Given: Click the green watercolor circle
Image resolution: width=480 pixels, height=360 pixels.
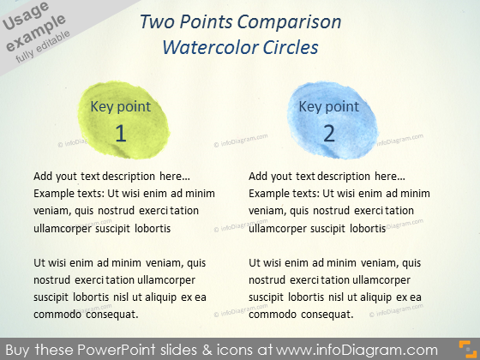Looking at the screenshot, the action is coord(123,120).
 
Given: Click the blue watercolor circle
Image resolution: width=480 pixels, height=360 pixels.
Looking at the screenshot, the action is coord(333,120).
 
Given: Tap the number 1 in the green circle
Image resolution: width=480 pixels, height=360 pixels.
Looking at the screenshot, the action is coord(121,134).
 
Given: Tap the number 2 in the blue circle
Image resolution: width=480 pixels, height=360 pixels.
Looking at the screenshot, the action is coord(329,134).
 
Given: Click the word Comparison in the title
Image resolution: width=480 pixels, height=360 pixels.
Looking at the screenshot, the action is coord(289,22).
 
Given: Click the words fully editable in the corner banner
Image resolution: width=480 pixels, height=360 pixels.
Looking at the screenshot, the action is coord(43,46).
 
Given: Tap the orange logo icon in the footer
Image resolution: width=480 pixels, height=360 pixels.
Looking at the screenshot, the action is coord(468,350).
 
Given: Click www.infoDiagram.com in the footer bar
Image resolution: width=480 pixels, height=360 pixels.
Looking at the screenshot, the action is coord(357,350).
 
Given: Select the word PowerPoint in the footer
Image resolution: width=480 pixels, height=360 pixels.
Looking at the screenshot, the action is coord(116,350).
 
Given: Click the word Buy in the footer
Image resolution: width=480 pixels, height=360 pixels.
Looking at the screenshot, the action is coord(18,350).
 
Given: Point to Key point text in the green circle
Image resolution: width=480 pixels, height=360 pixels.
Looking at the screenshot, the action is coord(120,107).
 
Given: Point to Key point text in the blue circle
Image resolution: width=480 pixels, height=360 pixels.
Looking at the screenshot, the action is coord(329,107).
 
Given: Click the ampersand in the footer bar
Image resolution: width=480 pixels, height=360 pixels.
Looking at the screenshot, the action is coord(207,350).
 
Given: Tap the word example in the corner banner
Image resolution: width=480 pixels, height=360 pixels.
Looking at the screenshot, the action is coord(36,33).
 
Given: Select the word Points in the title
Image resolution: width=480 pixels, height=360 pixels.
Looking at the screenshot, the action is coord(206,22).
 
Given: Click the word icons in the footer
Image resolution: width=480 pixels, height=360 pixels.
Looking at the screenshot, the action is coord(235,350).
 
